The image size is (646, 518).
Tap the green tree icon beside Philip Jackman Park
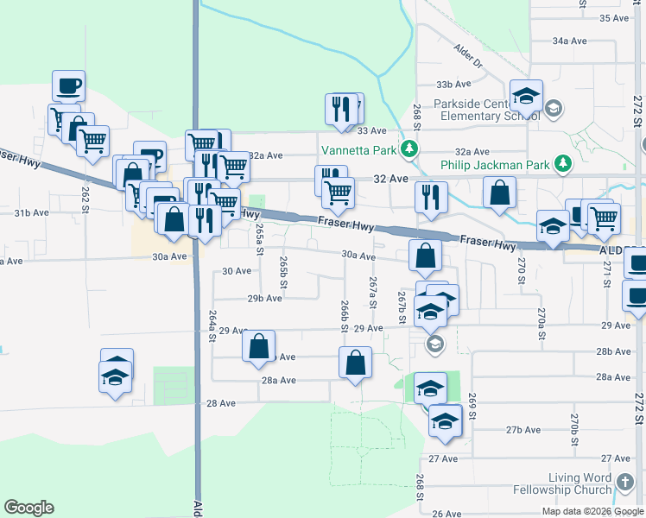[563, 163]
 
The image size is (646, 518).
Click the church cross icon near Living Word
[625, 483]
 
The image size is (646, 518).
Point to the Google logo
[28, 508]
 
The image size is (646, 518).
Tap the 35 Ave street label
[617, 18]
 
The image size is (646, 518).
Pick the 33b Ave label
[453, 85]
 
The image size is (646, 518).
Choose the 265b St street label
[282, 267]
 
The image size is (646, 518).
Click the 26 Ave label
[446, 514]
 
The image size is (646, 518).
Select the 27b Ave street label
[522, 430]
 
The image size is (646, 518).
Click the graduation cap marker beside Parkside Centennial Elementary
[526, 96]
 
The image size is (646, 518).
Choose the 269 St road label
[472, 406]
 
